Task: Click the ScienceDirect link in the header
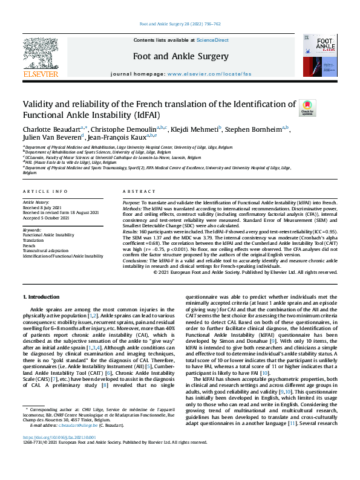212,40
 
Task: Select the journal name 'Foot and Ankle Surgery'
180,57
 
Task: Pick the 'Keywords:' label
32,230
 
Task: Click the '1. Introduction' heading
42,297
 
